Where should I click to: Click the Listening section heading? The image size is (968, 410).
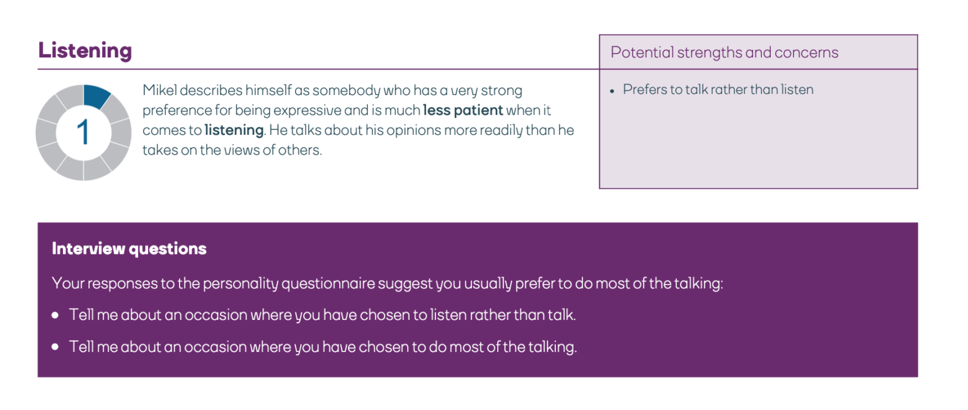(x=85, y=50)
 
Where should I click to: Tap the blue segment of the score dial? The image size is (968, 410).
(x=96, y=96)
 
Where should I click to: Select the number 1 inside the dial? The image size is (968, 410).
(x=83, y=133)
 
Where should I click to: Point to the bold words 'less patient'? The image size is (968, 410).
(x=463, y=110)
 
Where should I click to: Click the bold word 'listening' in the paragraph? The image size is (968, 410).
(x=234, y=130)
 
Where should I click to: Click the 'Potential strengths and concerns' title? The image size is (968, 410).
(x=724, y=52)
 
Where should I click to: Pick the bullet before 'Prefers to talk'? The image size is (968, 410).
(x=613, y=91)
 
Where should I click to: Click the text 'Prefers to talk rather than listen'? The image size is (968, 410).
(x=718, y=89)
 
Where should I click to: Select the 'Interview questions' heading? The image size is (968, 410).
(x=129, y=249)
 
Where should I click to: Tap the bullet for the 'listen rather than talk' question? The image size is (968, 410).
(x=56, y=314)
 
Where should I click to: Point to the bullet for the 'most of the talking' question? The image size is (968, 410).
(x=56, y=347)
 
